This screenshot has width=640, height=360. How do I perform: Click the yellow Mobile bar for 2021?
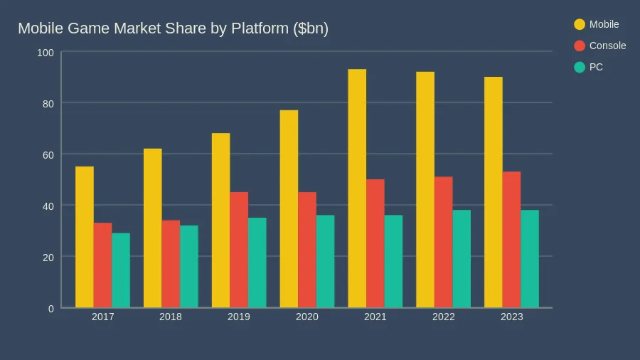click(x=357, y=189)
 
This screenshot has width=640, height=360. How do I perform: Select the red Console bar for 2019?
click(x=239, y=250)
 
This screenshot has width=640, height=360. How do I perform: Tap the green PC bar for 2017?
click(x=121, y=270)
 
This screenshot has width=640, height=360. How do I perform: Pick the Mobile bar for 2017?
click(x=85, y=237)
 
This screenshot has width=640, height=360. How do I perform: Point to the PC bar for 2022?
click(x=462, y=259)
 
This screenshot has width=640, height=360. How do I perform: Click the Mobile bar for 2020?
click(x=289, y=209)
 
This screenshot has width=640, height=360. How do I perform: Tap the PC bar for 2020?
click(x=325, y=261)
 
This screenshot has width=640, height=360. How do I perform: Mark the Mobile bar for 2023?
click(x=494, y=192)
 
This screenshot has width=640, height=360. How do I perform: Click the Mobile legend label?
click(x=604, y=24)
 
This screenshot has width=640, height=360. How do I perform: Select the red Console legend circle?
click(x=580, y=46)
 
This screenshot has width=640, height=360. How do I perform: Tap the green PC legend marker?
click(x=580, y=67)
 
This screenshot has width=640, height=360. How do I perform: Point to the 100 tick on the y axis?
click(x=46, y=53)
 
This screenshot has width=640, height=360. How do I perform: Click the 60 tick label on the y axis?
click(x=48, y=154)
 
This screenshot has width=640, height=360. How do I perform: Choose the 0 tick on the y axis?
click(x=50, y=309)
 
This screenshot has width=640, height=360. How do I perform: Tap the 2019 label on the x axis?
click(x=239, y=317)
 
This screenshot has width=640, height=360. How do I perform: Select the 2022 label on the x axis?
click(x=443, y=317)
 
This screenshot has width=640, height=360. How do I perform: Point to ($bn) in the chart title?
click(x=311, y=28)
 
